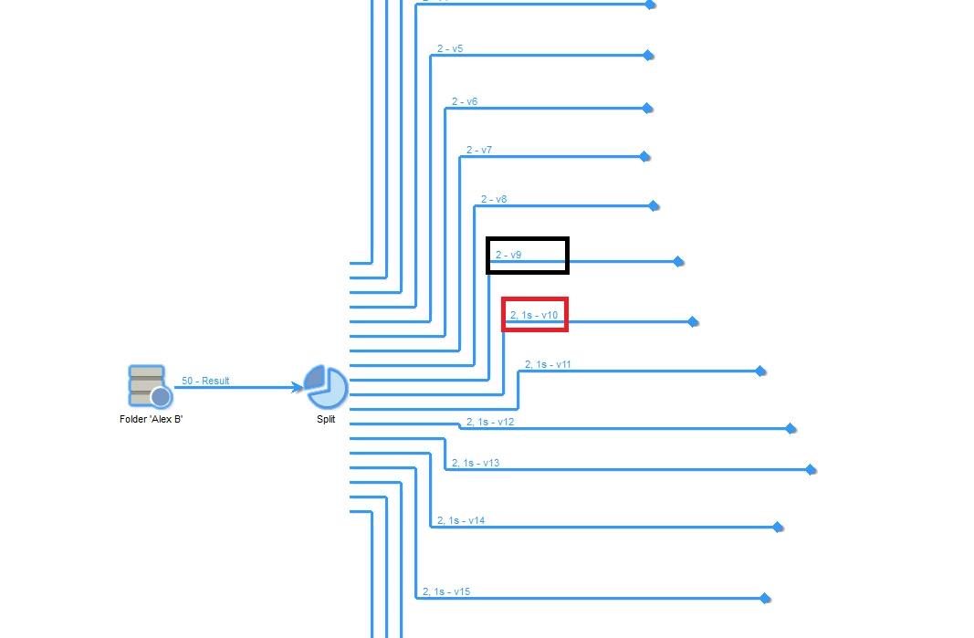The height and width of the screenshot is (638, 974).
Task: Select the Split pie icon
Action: (x=326, y=387)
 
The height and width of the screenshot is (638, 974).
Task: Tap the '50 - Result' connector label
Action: (x=205, y=381)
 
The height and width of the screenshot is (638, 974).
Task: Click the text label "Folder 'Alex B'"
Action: (x=152, y=420)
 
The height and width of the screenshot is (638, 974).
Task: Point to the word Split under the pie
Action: (x=326, y=420)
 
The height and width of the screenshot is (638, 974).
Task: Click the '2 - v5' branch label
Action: (x=450, y=48)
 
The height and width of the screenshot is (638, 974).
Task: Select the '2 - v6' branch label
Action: (x=465, y=102)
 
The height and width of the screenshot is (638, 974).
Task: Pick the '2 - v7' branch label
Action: (x=479, y=150)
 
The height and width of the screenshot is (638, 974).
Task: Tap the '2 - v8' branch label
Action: (x=494, y=199)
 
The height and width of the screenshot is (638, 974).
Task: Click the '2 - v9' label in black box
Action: (x=508, y=256)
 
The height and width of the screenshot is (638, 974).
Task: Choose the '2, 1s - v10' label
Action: (x=534, y=315)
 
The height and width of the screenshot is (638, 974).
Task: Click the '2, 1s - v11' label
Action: (x=548, y=364)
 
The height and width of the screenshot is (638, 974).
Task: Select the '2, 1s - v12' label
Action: (x=490, y=422)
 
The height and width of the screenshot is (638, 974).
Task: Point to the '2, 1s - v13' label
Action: (x=476, y=463)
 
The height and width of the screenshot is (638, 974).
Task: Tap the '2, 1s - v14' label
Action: (x=461, y=520)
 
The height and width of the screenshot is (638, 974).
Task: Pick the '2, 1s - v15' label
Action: (x=446, y=591)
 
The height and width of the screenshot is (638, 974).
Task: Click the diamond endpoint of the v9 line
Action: (x=678, y=262)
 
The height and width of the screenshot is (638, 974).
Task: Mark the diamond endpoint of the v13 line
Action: (x=811, y=470)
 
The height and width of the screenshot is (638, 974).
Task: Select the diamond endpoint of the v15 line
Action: (x=766, y=599)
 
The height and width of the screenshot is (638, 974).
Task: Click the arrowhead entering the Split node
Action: (x=298, y=387)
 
